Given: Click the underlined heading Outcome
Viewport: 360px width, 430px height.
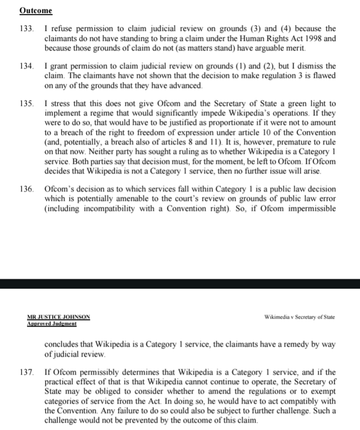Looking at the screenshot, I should [35, 10].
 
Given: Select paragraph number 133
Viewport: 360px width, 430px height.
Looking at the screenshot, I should [26, 29].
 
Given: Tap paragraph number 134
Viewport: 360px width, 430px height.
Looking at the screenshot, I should [26, 66].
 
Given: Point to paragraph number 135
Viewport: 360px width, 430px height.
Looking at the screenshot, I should [26, 104].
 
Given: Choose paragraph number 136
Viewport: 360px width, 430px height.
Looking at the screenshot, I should [26, 190].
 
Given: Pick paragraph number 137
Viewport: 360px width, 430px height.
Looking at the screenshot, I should [26, 373].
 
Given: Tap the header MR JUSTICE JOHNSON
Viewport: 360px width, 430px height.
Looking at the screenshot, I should [58, 317].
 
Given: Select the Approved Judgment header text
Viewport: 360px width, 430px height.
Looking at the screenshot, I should [51, 324].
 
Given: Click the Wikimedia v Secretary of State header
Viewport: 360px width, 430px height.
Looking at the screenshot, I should [299, 317].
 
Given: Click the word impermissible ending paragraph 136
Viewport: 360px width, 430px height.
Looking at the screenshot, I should [310, 209].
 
